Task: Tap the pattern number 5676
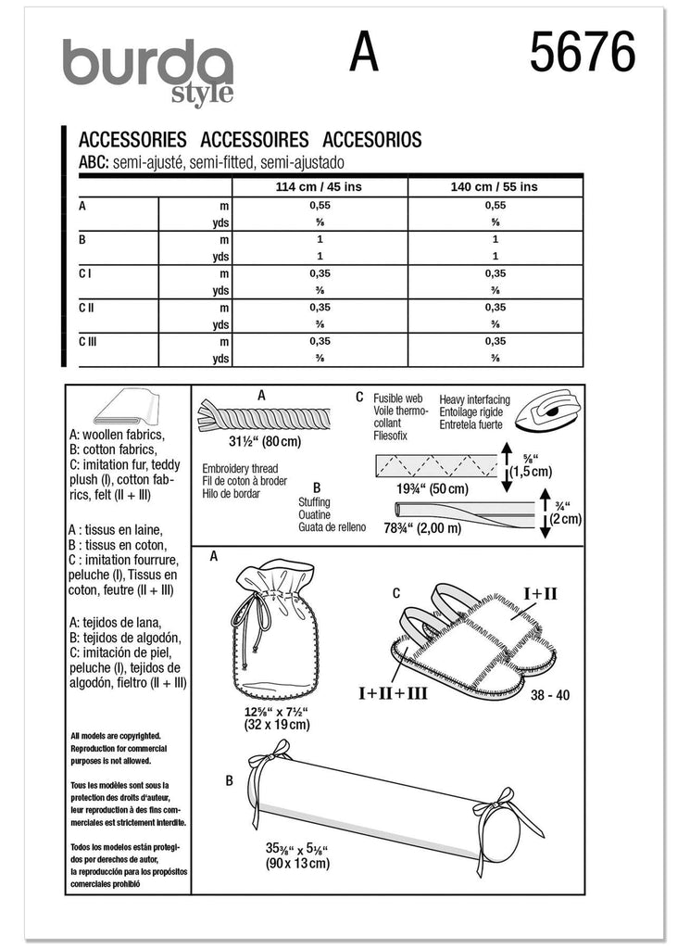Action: point(583,53)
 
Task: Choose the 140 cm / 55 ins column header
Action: point(495,186)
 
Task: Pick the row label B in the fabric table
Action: point(84,239)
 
